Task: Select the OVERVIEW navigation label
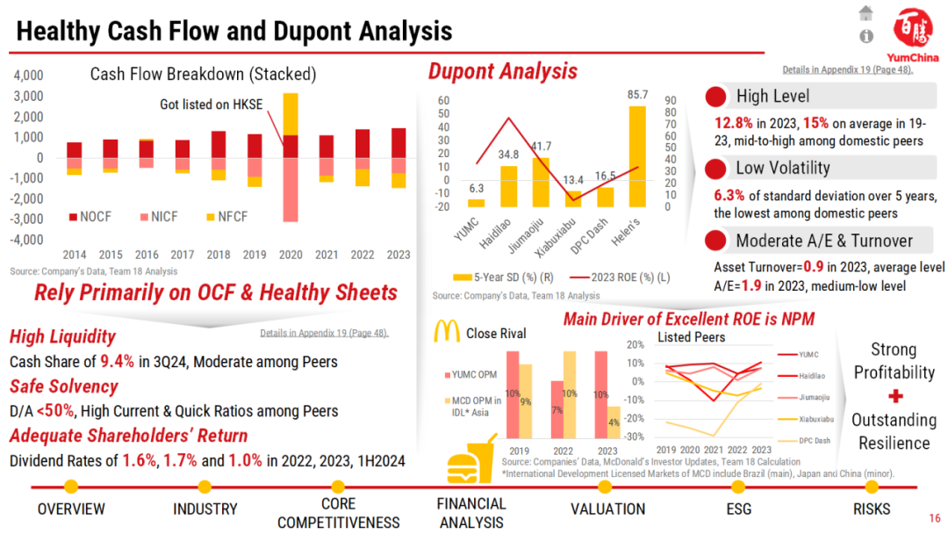click(x=71, y=509)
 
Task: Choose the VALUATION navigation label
click(x=607, y=509)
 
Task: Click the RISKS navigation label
click(x=871, y=509)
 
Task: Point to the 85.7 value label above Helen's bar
click(x=638, y=94)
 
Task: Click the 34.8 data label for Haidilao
click(x=508, y=155)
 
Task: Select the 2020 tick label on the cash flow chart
click(x=290, y=255)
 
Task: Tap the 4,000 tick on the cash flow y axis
click(x=28, y=76)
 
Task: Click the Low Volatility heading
click(x=783, y=168)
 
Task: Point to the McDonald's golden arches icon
click(x=448, y=332)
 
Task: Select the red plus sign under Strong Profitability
click(x=894, y=396)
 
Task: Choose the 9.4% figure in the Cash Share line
click(x=118, y=361)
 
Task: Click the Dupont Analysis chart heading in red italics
click(x=502, y=70)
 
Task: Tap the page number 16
click(x=934, y=518)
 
